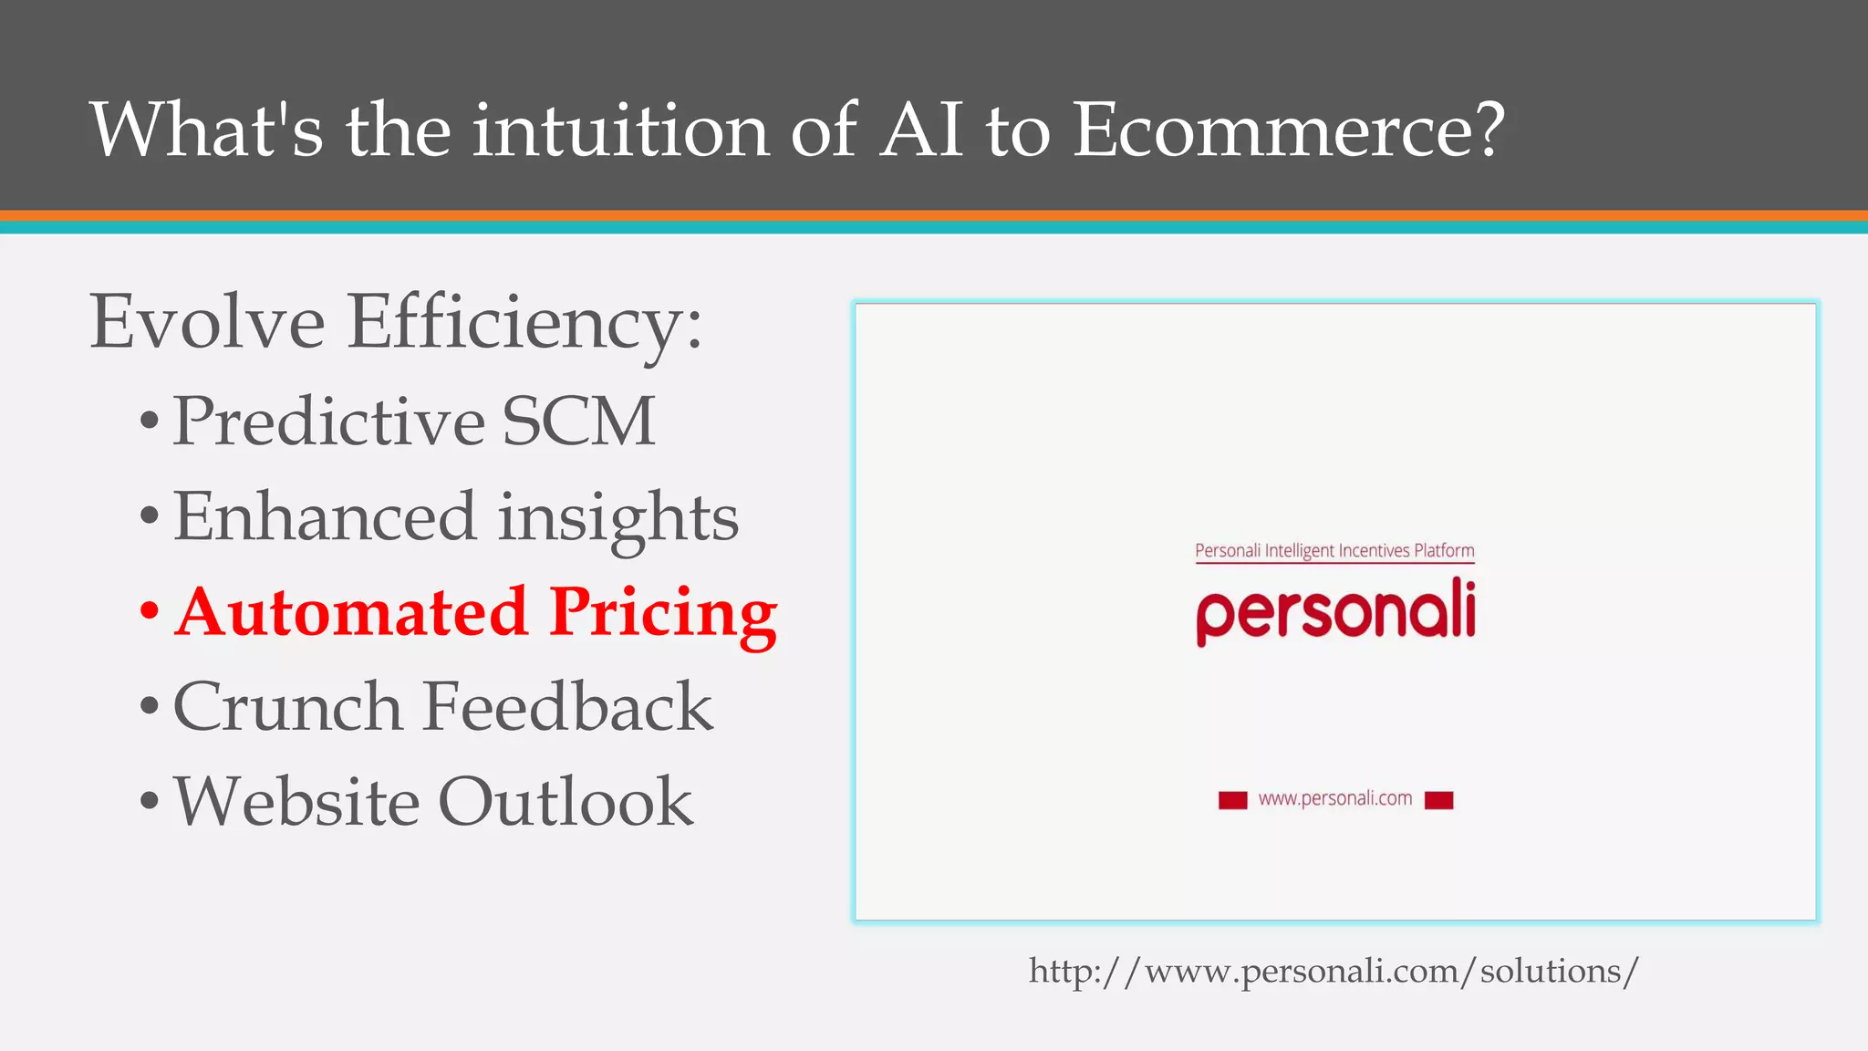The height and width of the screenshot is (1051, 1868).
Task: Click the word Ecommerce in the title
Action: tap(1286, 130)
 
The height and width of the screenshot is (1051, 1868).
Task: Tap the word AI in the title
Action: tap(921, 130)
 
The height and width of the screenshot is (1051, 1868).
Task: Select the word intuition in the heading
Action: tap(620, 130)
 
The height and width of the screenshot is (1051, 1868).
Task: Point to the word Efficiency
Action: tap(524, 324)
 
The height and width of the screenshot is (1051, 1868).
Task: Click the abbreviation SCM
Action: tap(578, 421)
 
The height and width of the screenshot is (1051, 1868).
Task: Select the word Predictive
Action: tap(328, 421)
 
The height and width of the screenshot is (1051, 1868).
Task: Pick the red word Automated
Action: tap(351, 611)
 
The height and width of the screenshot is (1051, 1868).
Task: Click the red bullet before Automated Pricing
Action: tap(150, 611)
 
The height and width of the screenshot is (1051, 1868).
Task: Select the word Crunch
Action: tap(287, 707)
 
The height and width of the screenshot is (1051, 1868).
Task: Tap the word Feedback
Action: tap(567, 707)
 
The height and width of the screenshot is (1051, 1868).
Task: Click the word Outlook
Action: tap(566, 802)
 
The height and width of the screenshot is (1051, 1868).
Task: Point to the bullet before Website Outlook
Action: tap(150, 802)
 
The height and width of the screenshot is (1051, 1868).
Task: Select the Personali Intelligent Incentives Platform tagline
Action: tap(1334, 550)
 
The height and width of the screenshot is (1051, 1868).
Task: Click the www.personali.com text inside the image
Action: tap(1335, 799)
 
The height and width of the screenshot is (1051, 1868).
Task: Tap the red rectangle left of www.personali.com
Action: tap(1232, 800)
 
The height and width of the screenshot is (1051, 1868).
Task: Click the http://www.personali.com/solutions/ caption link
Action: tap(1334, 971)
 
